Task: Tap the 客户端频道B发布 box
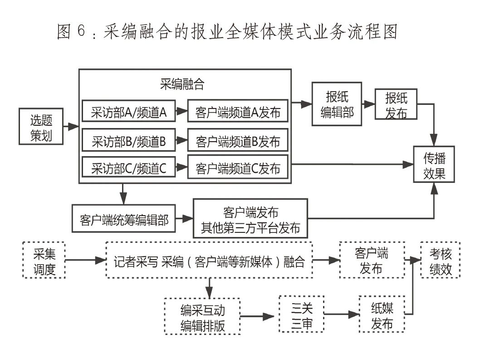click(238, 142)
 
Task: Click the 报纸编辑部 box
click(337, 104)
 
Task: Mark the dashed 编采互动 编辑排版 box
click(202, 316)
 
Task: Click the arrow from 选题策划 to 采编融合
click(72, 126)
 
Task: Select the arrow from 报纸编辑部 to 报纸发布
click(368, 104)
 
